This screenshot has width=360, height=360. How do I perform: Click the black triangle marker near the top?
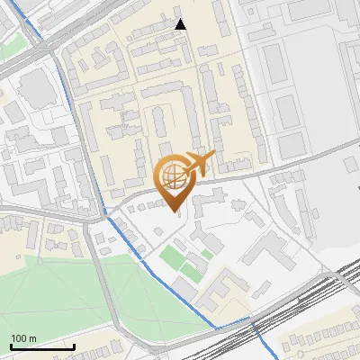click(x=181, y=24)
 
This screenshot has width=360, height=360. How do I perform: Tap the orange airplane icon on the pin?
click(x=198, y=163)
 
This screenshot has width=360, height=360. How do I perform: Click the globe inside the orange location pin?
click(x=173, y=175)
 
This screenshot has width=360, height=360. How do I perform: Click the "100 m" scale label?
click(x=24, y=338)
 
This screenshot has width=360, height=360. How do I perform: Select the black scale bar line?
click(x=42, y=346)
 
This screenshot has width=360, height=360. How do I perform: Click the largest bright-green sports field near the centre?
click(x=170, y=258)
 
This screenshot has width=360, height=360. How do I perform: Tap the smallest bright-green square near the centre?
click(x=206, y=255)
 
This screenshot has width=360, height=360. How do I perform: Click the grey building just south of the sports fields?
click(x=183, y=287)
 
